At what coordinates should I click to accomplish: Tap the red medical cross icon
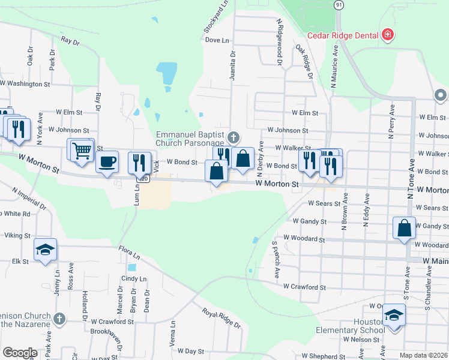pyautogui.click(x=388, y=35)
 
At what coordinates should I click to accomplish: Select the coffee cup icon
pyautogui.click(x=107, y=162)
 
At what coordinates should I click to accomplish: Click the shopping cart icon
pyautogui.click(x=81, y=150)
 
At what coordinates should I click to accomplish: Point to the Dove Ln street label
pyautogui.click(x=217, y=40)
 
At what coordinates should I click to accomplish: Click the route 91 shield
pyautogui.click(x=339, y=4)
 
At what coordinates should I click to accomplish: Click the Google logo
pyautogui.click(x=20, y=353)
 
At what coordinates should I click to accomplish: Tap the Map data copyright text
pyautogui.click(x=424, y=355)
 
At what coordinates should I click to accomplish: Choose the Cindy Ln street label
pyautogui.click(x=134, y=279)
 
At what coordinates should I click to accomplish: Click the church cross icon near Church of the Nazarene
pyautogui.click(x=59, y=318)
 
